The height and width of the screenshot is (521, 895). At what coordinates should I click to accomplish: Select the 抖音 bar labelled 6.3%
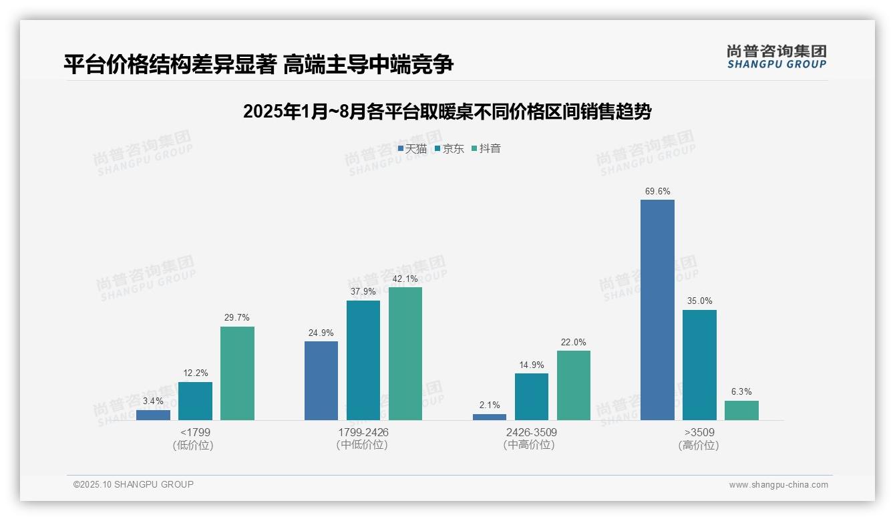741,410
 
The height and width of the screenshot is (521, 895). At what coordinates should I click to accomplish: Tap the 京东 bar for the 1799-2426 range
363,360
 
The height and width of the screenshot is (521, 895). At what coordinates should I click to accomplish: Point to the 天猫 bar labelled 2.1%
490,417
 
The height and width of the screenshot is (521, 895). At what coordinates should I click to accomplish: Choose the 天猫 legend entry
412,149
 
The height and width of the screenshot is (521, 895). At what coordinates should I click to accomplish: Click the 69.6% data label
657,192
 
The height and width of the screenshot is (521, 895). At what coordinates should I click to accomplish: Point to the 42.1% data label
405,279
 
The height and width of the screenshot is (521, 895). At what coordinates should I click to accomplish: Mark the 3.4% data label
153,401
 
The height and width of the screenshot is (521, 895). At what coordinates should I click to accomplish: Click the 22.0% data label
573,343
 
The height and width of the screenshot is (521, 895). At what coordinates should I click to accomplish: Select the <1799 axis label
195,432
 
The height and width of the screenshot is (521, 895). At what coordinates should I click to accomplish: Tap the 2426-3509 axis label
531,432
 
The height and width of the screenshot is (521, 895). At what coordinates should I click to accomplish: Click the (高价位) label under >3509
699,446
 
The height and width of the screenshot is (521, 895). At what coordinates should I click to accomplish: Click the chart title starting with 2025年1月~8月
447,112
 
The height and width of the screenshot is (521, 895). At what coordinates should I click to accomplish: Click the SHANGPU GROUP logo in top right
776,57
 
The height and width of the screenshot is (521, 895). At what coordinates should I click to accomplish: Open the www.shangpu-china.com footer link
778,485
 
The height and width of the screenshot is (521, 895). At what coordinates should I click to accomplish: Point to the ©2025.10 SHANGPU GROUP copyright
134,484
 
